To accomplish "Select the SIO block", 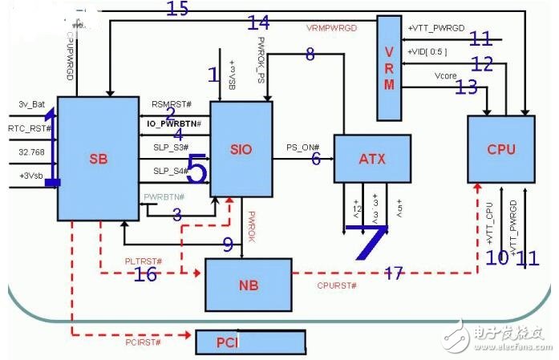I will [241, 149].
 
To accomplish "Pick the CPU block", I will [500, 149].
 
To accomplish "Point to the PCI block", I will [249, 342].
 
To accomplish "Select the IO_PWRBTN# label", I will [174, 124].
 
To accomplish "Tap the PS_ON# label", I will [303, 148].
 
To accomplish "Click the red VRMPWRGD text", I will [331, 27].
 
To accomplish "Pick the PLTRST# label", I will [144, 261].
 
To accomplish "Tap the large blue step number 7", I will [367, 238].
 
